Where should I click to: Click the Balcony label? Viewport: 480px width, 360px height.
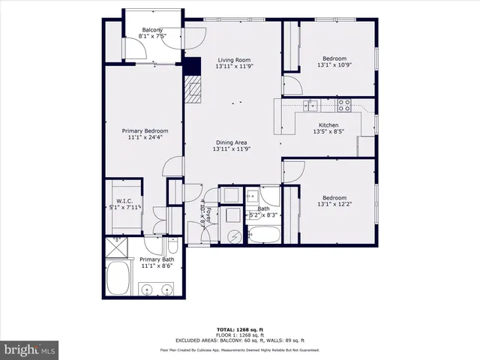tap(152, 30)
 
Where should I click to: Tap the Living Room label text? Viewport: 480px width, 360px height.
tap(232, 60)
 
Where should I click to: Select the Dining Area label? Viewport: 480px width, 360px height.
tap(232, 142)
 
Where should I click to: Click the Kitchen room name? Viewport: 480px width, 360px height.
tap(328, 125)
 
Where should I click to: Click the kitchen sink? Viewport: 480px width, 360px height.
tap(310, 105)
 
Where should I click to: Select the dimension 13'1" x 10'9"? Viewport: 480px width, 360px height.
tap(334, 65)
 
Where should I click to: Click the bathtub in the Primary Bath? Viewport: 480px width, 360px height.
tap(118, 278)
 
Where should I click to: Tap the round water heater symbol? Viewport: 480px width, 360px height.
tap(234, 235)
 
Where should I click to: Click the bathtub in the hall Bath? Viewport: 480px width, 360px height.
tap(262, 235)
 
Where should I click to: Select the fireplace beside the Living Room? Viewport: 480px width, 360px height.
tap(194, 89)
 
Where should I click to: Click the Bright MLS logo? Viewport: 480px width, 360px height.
tap(30, 350)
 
